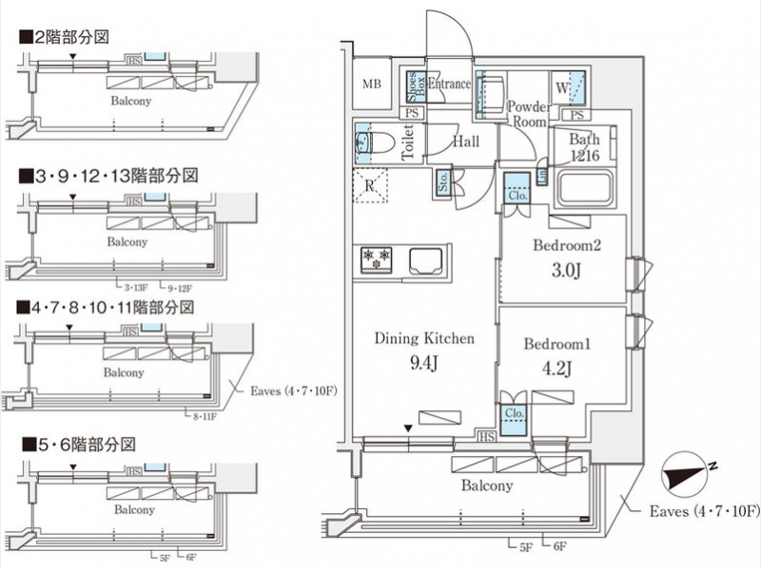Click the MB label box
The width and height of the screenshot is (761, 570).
click(x=371, y=85)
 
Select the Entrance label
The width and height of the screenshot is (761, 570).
click(x=449, y=84)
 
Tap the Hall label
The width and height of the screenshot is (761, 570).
click(x=465, y=142)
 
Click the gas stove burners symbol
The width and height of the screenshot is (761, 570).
click(x=376, y=257)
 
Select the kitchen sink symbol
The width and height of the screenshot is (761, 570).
click(x=426, y=258)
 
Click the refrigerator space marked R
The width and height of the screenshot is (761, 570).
click(x=370, y=185)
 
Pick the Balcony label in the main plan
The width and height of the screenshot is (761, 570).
click(x=487, y=485)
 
